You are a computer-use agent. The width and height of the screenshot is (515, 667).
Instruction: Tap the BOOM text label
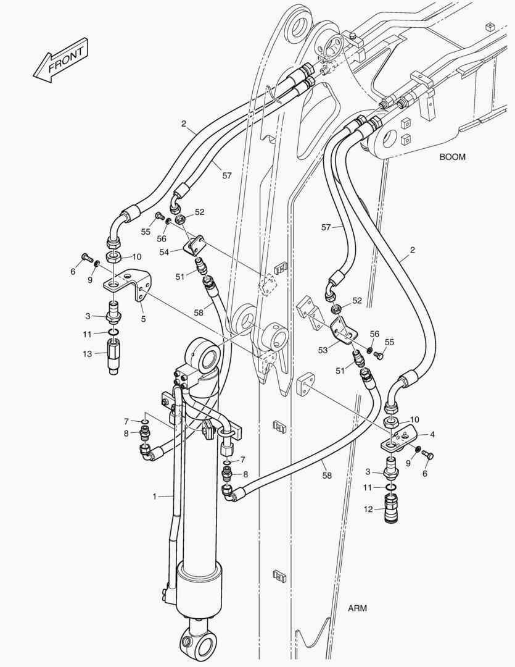point(452,157)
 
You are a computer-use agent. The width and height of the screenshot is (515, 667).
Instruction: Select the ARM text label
point(357,608)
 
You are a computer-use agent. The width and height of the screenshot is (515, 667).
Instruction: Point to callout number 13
point(87,353)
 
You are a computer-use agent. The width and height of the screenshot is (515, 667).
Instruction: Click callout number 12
point(368,509)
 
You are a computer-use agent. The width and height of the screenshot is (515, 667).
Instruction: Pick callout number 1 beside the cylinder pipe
point(155,496)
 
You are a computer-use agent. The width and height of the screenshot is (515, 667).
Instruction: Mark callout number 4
point(432,435)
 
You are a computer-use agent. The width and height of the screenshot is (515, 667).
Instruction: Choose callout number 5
point(143,319)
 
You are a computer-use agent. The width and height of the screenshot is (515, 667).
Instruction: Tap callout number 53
point(323,350)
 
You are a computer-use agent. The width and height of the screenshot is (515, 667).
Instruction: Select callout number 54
point(164,252)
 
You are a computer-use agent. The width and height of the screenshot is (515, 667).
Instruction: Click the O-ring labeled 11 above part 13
point(113,332)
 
